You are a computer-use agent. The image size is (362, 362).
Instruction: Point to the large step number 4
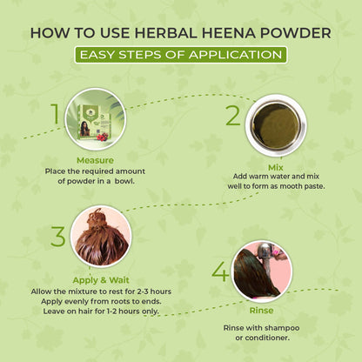[219, 271]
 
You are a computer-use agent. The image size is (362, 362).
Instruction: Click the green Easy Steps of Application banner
[180, 54]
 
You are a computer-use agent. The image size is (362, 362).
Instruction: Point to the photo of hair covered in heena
[100, 236]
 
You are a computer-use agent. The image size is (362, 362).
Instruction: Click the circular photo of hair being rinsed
[262, 271]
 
